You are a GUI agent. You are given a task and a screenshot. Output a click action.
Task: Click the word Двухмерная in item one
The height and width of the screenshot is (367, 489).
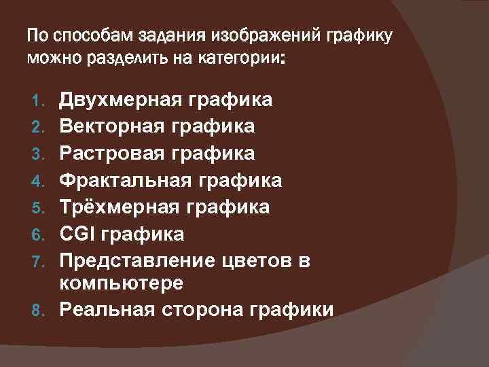click(x=120, y=101)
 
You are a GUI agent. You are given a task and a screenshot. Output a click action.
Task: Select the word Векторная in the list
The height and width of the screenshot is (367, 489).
click(x=113, y=127)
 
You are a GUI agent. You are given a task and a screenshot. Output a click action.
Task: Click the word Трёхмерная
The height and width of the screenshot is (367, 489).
click(x=118, y=207)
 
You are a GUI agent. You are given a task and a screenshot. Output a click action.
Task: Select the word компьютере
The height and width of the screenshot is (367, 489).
click(x=121, y=282)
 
